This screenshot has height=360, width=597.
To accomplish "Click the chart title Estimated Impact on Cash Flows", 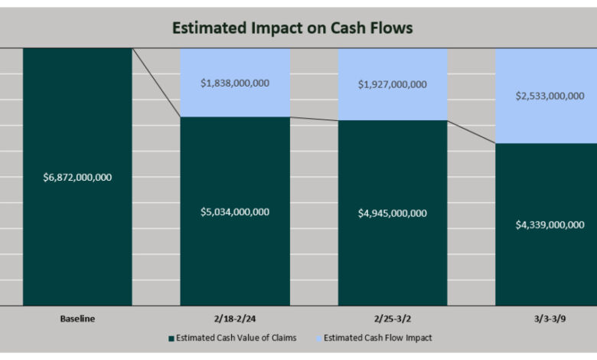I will pyautogui.click(x=292, y=28).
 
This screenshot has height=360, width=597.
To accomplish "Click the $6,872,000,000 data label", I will pyautogui.click(x=77, y=177).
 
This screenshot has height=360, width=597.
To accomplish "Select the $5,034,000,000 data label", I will pyautogui.click(x=235, y=211).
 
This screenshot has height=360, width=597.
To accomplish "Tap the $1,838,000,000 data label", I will pyautogui.click(x=235, y=83).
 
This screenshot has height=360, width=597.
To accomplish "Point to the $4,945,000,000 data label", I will pyautogui.click(x=393, y=213).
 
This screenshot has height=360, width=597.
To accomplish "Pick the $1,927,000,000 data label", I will pyautogui.click(x=393, y=84).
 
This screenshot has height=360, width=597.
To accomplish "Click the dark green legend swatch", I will pyautogui.click(x=171, y=338).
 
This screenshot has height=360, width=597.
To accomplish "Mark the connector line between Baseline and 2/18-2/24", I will pyautogui.click(x=156, y=83).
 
